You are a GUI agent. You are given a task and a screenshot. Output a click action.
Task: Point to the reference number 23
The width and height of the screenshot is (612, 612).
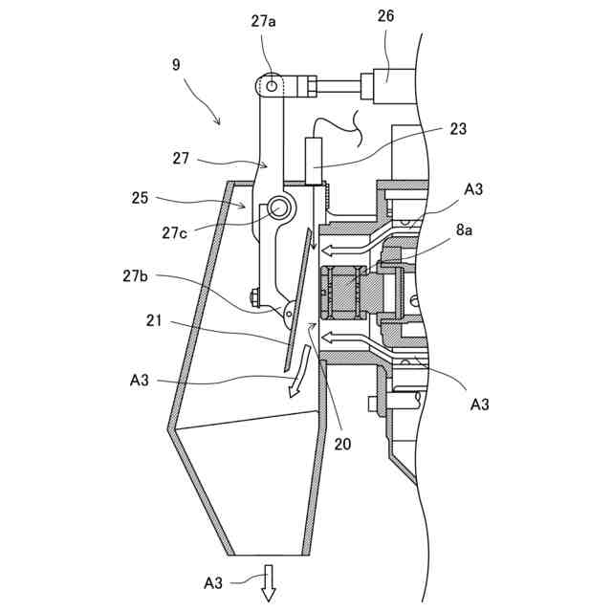(457, 129)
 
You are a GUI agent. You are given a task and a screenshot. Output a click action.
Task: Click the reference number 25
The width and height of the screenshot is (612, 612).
(141, 198)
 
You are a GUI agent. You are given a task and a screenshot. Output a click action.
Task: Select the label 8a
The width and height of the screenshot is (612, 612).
(463, 229)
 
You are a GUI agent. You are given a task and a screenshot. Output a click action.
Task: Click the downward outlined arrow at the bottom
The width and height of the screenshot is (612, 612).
(269, 582)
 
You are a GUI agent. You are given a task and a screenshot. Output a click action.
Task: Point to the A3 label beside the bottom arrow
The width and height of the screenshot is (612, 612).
(214, 581)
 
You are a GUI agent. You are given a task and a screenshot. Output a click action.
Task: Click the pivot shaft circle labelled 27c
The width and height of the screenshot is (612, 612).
(279, 207)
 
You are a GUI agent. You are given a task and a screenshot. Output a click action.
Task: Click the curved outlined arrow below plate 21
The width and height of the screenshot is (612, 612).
(300, 373)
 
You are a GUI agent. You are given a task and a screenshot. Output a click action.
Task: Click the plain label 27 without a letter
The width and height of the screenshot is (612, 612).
(182, 159)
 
